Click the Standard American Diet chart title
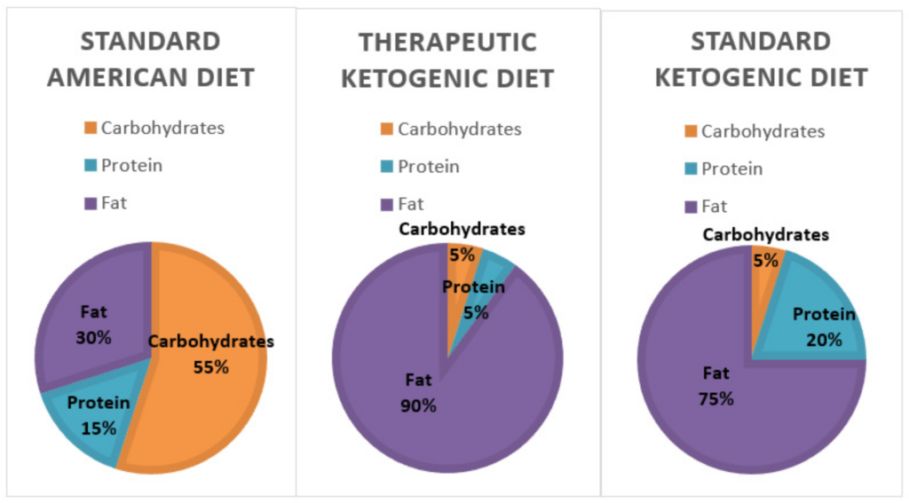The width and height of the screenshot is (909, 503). (150, 59)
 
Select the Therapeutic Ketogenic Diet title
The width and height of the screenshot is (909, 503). (447, 60)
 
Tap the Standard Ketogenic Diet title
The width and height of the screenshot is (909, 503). (761, 59)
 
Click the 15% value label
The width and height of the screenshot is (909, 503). (99, 428)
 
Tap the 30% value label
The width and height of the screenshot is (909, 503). (93, 338)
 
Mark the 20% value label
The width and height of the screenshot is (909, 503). (824, 340)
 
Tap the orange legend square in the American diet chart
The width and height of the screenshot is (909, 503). (90, 128)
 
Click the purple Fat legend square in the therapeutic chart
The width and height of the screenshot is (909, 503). (386, 205)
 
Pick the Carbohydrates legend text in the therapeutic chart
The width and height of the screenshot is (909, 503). (459, 129)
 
